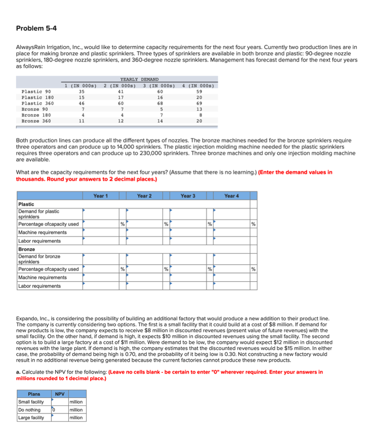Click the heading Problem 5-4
click(x=36, y=29)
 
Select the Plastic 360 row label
click(x=37, y=103)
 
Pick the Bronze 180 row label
click(x=36, y=115)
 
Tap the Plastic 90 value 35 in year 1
click(x=82, y=92)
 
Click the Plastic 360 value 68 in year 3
click(x=160, y=103)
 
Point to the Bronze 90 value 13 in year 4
click(x=199, y=110)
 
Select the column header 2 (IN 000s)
click(x=120, y=85)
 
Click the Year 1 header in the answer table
click(x=100, y=196)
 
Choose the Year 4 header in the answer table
click(x=231, y=196)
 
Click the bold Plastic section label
click(x=26, y=204)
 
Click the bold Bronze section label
click(x=26, y=249)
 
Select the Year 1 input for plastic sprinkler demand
click(x=100, y=213)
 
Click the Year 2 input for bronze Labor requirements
click(x=144, y=286)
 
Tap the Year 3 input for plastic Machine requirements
click(x=187, y=232)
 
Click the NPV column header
click(x=60, y=394)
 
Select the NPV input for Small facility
click(x=60, y=402)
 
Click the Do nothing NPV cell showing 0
click(x=60, y=410)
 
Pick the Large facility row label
click(x=31, y=418)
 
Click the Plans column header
click(x=34, y=394)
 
